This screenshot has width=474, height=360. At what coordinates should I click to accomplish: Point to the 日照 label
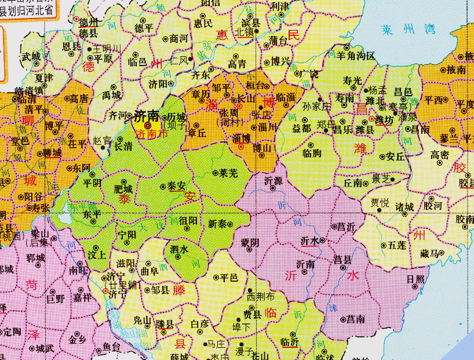pos(415,279)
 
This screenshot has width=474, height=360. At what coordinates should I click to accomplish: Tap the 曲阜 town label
pos(149,270)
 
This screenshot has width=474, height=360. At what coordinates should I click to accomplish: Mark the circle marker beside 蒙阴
pos(250,250)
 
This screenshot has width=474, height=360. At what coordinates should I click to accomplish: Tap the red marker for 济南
pos(147,125)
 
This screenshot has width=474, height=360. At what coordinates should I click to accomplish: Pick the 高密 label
pos(440,155)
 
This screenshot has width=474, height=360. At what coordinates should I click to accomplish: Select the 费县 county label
pos(251,314)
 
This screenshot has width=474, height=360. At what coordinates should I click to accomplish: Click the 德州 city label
pos(89,22)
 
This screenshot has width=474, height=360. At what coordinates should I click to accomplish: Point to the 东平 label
pos(92,213)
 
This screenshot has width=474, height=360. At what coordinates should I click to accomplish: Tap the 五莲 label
pos(397,246)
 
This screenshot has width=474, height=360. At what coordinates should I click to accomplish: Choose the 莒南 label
pos(355,319)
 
